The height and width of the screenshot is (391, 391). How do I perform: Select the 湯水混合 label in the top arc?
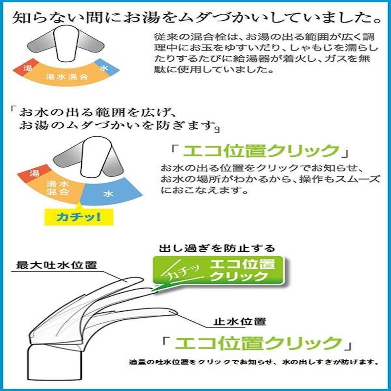pos(67,77)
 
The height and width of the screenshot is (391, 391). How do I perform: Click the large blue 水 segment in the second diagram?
pos(110,192)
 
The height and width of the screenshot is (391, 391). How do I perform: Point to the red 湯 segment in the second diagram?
pos(34,173)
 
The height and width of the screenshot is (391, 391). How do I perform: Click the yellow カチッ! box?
pos(79,217)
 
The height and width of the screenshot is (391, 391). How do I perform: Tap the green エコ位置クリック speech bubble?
pos(219,271)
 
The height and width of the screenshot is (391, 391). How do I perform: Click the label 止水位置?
pos(239,322)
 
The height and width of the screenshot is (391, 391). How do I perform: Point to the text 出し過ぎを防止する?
pos(217,248)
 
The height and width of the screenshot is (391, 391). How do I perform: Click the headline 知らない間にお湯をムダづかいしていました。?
pos(197,18)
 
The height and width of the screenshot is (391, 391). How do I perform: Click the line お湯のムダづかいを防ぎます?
pos(117,125)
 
